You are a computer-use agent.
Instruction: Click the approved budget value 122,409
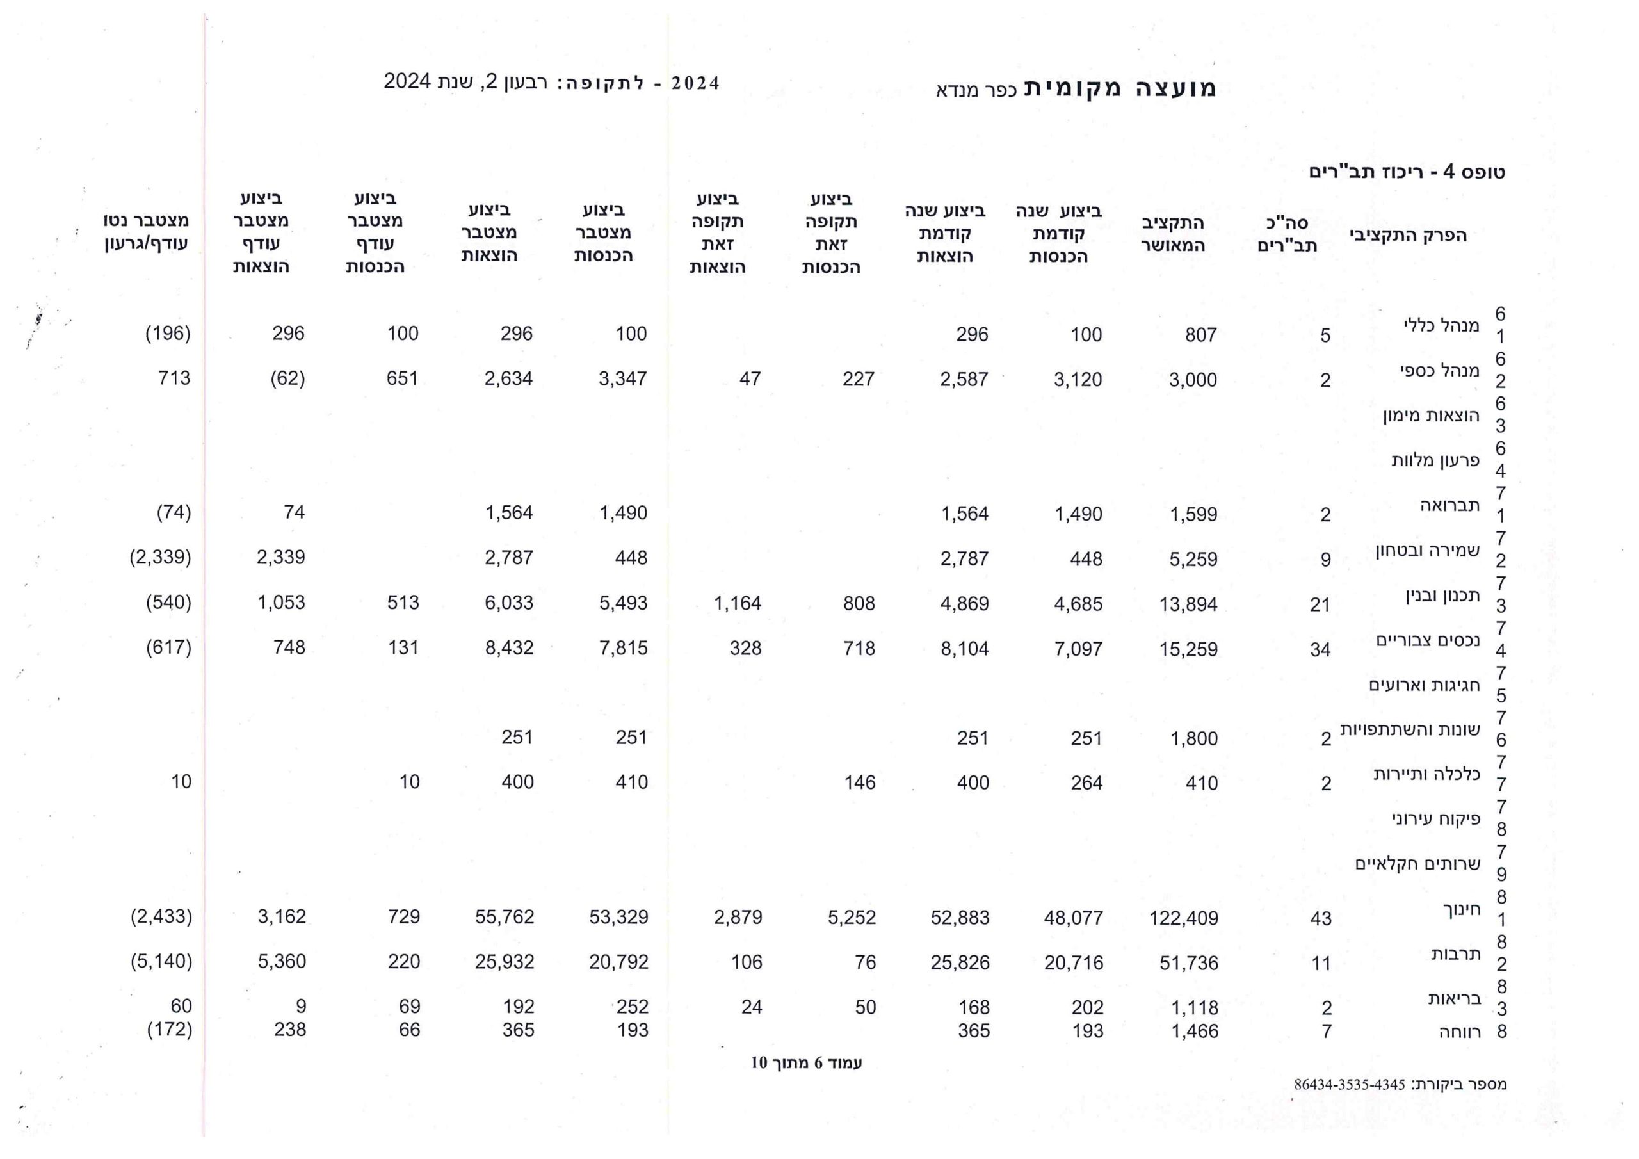(x=1183, y=918)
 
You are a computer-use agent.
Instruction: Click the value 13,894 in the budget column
(x=1188, y=604)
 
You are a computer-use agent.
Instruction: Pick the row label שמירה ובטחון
(x=1428, y=550)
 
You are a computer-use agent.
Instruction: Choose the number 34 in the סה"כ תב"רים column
(x=1320, y=650)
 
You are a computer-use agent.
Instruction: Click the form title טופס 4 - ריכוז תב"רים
(x=1407, y=172)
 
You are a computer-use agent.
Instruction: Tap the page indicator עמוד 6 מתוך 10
(x=806, y=1062)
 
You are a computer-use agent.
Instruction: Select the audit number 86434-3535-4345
(x=1349, y=1085)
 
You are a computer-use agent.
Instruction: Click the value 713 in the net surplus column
(x=174, y=378)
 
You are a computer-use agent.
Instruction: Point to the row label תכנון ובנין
(x=1442, y=595)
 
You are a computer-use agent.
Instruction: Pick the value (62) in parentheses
(x=287, y=378)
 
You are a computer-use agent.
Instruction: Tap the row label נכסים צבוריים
(x=1428, y=640)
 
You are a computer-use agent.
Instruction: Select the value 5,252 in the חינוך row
(x=852, y=918)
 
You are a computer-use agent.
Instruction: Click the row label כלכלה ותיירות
(x=1426, y=774)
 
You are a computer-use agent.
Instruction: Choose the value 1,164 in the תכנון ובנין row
(x=738, y=603)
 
